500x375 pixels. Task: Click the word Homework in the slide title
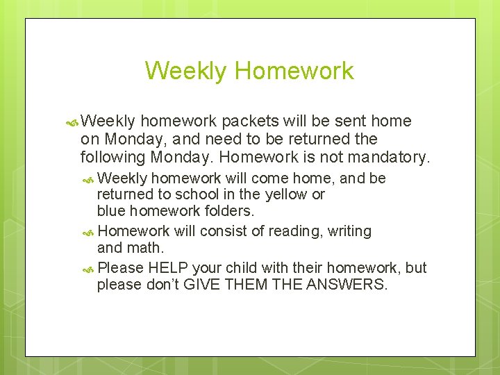click(x=294, y=71)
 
